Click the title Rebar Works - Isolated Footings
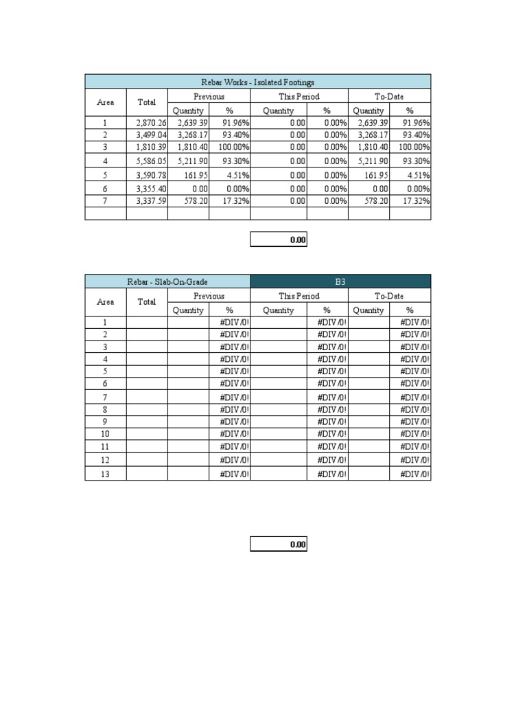(258, 82)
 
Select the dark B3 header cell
(340, 281)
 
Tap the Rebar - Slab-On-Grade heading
(167, 281)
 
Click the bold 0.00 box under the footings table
(279, 240)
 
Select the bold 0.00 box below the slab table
(279, 544)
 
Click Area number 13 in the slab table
(105, 474)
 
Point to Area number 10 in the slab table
(105, 434)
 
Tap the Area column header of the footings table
(106, 102)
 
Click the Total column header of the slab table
(147, 301)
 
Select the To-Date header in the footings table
(389, 97)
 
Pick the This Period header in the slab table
(299, 296)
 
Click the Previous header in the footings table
(209, 97)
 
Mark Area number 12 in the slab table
(105, 460)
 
